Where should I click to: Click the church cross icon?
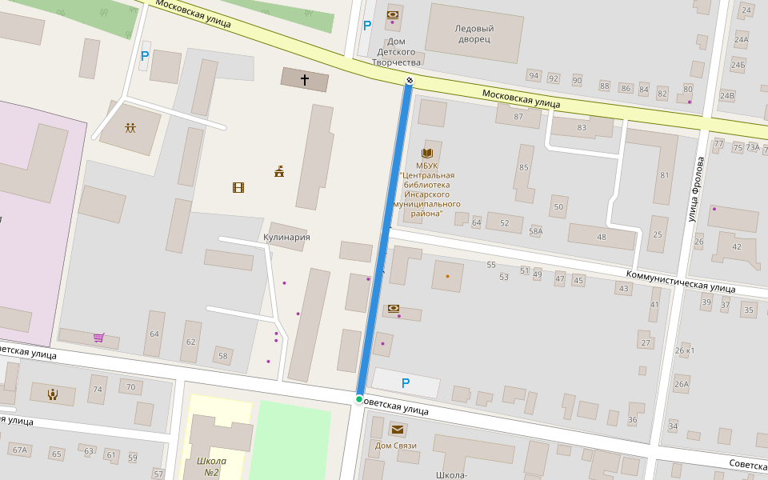[x=304, y=80]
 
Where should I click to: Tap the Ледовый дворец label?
[x=474, y=34]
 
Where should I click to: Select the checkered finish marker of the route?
[x=410, y=79]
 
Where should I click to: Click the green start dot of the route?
[x=359, y=399]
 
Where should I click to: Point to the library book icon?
[x=427, y=153]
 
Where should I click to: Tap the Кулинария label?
[x=286, y=238]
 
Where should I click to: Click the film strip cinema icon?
[x=238, y=188]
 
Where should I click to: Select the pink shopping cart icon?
[x=98, y=338]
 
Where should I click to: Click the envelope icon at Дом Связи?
[x=397, y=430]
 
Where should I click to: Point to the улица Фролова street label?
[x=696, y=190]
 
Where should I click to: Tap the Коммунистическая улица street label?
[x=680, y=280]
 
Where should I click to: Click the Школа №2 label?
[x=211, y=466]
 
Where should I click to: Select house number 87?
[x=518, y=117]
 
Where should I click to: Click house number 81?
[x=664, y=175]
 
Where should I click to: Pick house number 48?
[x=602, y=237]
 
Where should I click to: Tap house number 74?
[x=98, y=390]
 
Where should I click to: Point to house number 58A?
[x=535, y=231]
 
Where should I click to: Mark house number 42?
[x=737, y=246]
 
